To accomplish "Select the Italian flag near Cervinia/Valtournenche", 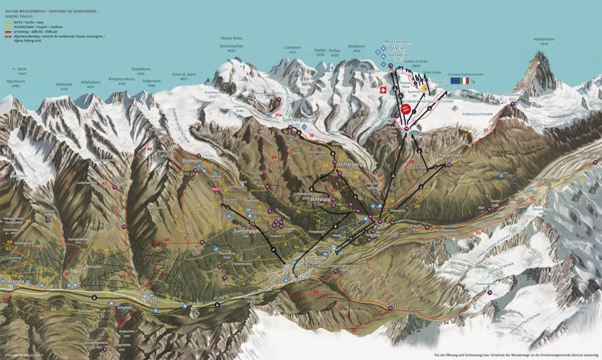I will point(465,81).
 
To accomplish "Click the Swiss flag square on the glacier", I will point(382,90).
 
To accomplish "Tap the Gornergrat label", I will point(296,120).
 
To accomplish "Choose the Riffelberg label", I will point(350,164).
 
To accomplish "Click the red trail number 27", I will point(485,130).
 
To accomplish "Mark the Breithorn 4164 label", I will point(356,46).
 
